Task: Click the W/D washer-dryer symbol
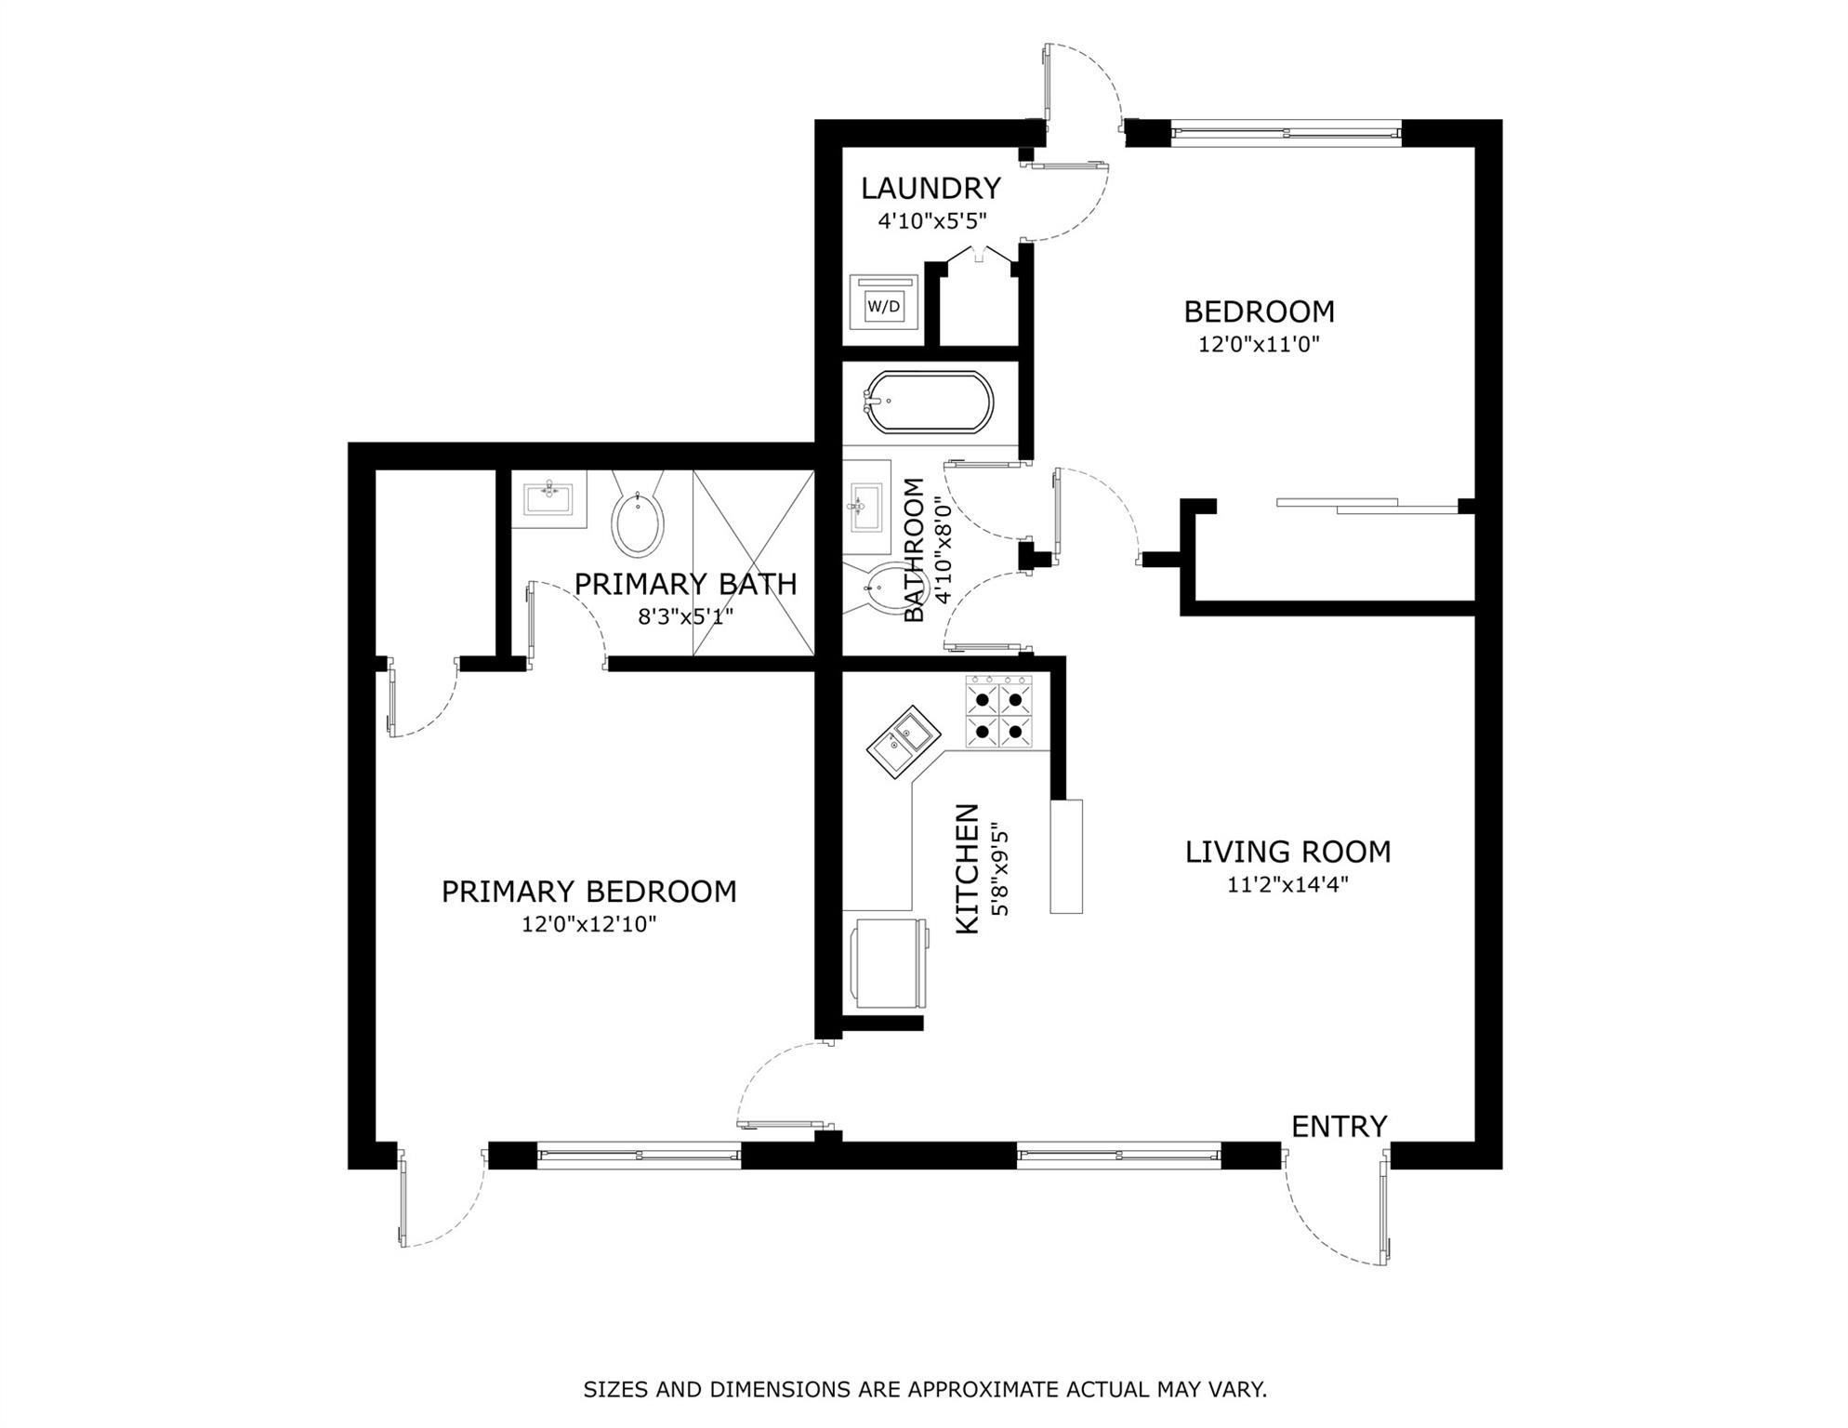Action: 883,306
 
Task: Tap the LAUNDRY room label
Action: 931,189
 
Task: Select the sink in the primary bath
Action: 549,498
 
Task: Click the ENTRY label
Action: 1339,1127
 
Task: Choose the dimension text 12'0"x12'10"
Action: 589,924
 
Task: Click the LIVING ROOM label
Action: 1287,852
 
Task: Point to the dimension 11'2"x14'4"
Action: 1287,884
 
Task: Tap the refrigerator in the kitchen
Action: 890,963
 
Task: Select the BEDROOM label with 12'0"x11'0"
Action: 1259,311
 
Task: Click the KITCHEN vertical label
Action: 968,868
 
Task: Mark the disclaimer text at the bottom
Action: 925,1390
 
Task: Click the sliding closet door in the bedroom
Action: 1366,506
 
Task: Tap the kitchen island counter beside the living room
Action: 1066,856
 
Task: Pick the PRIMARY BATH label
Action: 685,584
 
